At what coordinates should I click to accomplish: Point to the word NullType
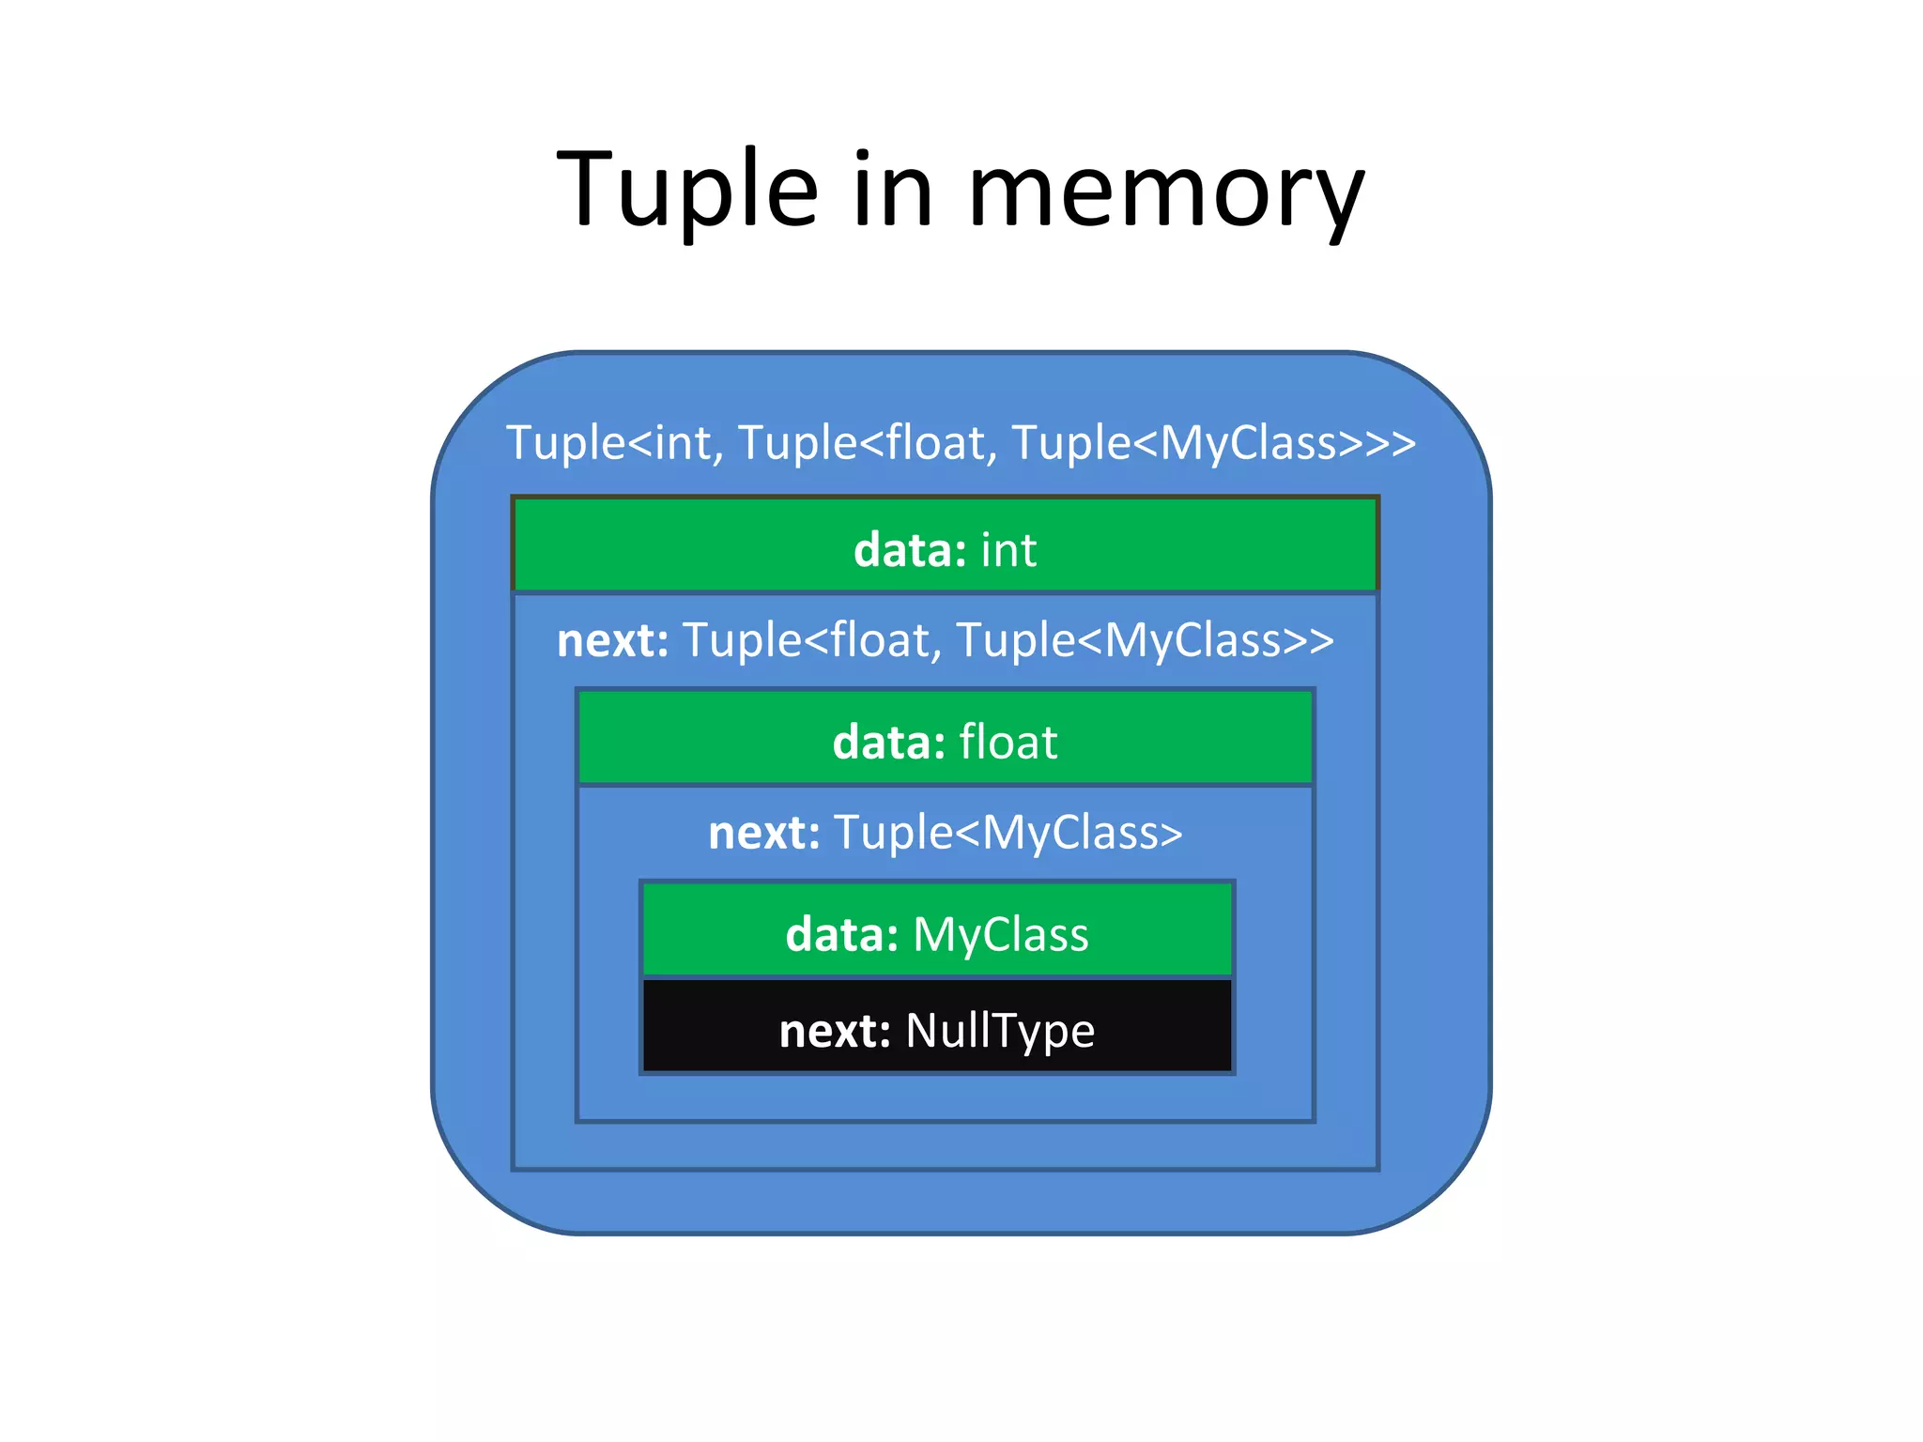pos(1000,1031)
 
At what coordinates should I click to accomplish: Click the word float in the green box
pos(1008,742)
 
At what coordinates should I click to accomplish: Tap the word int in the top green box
pos(1008,550)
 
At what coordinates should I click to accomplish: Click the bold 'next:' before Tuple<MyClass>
pos(763,833)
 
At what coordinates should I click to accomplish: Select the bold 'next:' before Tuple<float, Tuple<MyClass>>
pos(612,641)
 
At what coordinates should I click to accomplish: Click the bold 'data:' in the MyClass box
pos(841,935)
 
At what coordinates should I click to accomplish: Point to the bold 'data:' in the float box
pos(888,743)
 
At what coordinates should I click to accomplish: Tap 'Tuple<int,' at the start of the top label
pos(615,443)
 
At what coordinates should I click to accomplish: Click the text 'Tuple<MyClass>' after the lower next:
pos(1008,833)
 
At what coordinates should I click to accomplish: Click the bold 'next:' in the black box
pos(834,1031)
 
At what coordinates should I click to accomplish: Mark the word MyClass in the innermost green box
pos(1000,935)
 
